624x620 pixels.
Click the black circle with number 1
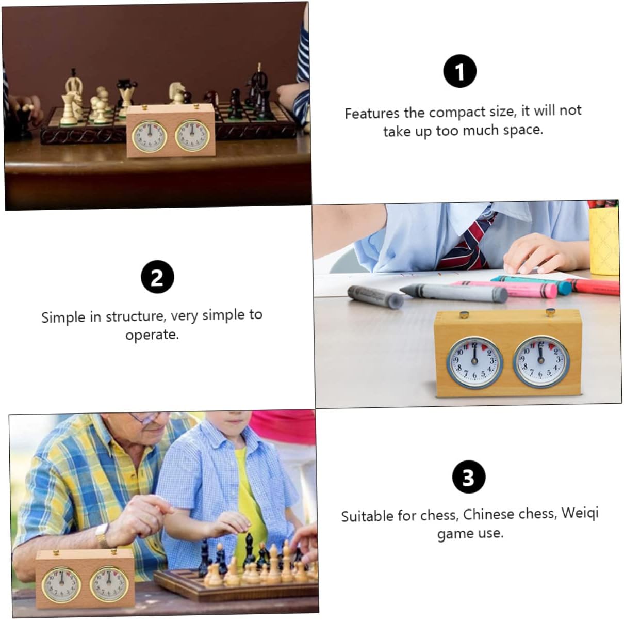pos(459,71)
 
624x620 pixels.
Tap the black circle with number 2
pos(157,277)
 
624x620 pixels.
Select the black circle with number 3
pos(469,477)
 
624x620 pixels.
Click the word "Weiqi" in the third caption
pos(580,514)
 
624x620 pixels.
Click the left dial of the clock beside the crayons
pos(474,362)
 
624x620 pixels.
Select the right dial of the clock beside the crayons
pos(541,361)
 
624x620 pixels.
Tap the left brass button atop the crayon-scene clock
pos(464,314)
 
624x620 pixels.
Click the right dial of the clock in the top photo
pos(192,136)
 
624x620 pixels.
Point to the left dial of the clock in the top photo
pos(149,136)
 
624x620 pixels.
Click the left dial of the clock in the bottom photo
pos(61,585)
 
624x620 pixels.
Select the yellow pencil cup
pos(605,241)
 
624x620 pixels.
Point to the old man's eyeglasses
pos(146,418)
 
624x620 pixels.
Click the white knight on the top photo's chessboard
pos(177,93)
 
